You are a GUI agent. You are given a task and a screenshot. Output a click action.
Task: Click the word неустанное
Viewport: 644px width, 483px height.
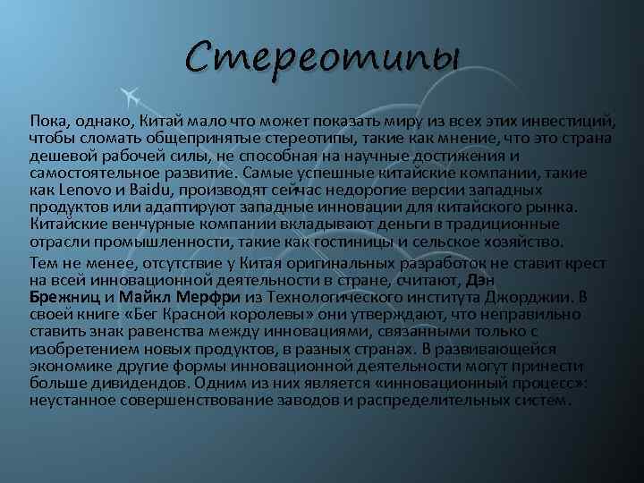[69, 400]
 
